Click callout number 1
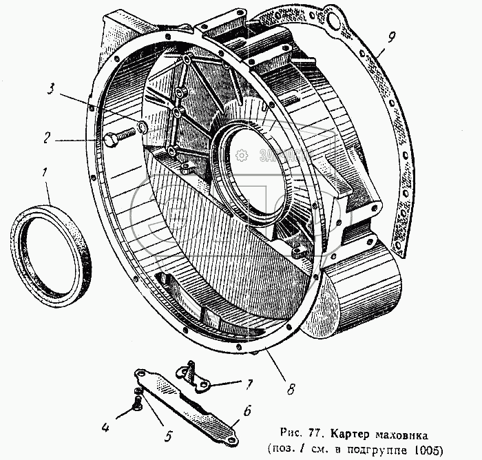(46, 172)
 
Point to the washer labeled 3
(142, 127)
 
